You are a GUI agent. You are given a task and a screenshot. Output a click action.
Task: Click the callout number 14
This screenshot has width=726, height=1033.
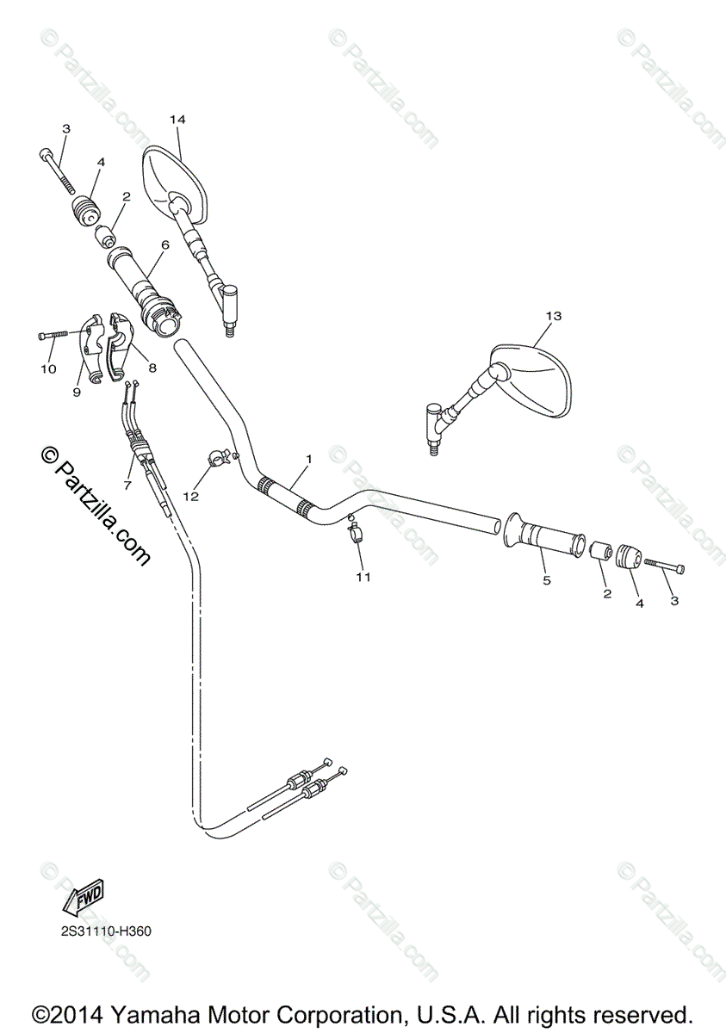177,119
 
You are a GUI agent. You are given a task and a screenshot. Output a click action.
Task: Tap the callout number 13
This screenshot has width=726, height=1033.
553,316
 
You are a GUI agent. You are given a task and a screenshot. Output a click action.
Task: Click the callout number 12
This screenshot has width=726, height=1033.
189,496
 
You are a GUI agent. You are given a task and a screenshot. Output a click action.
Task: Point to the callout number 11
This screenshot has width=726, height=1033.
363,577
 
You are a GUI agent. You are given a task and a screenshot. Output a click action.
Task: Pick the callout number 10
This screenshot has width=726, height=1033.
48,368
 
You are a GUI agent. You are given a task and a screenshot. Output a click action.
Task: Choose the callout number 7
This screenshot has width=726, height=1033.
127,486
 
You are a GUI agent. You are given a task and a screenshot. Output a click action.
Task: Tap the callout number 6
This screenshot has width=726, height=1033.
164,244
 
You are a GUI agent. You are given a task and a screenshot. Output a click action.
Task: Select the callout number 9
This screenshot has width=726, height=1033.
77,392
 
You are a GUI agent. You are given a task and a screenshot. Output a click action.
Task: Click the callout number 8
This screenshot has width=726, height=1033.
152,368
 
